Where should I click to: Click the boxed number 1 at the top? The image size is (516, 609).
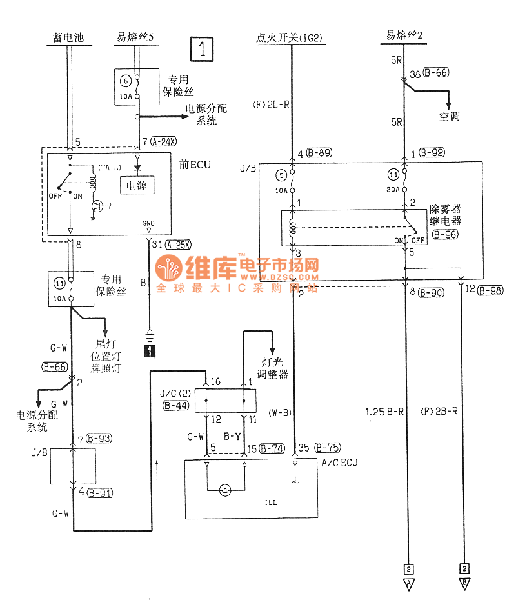coord(202,48)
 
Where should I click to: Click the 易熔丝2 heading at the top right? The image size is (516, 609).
coord(404,36)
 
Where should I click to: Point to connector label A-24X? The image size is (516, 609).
coord(166,141)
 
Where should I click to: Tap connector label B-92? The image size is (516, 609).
coord(432,153)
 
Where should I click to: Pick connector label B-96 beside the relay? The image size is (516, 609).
coord(445,235)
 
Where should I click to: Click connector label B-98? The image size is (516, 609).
coord(490,290)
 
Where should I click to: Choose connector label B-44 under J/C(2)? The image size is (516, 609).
coord(176,406)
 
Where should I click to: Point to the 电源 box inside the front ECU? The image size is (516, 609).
coord(136,186)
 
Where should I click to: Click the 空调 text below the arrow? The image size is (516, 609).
coord(450,117)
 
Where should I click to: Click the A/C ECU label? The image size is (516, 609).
coord(339,463)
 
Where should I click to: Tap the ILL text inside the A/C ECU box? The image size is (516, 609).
coord(271,503)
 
